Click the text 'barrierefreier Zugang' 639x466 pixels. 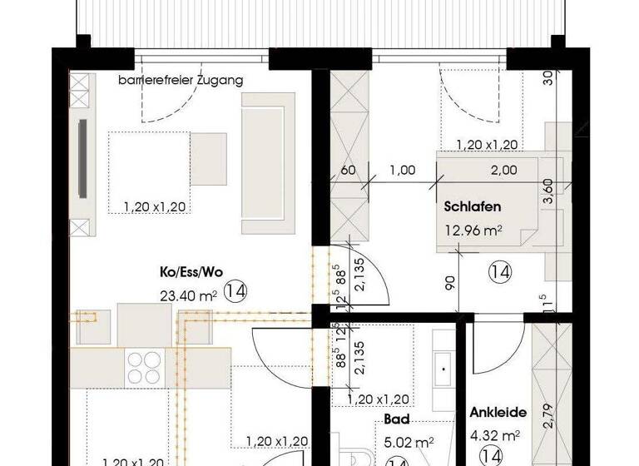[181, 81]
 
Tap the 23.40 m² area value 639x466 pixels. [188, 293]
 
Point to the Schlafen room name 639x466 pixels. [473, 208]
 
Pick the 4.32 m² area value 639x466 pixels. [495, 434]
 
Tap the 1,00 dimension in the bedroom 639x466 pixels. [403, 171]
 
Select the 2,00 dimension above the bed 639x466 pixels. [503, 171]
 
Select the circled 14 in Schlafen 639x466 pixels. [499, 270]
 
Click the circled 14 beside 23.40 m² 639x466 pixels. [235, 292]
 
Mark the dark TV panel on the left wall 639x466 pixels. [82, 159]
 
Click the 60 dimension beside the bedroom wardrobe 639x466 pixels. [348, 171]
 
